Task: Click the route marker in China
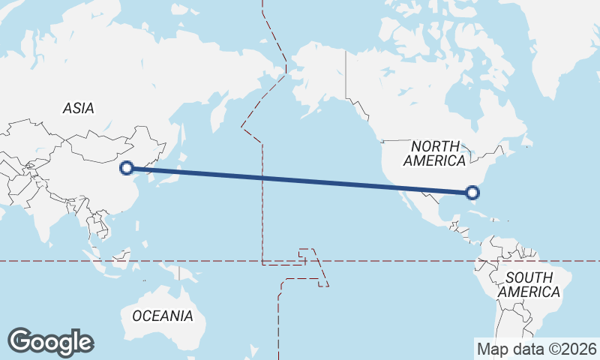click(x=127, y=168)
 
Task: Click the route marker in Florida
click(x=472, y=193)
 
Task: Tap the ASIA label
click(x=79, y=109)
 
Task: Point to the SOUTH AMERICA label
click(x=529, y=285)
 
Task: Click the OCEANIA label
click(x=163, y=316)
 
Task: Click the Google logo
click(x=50, y=341)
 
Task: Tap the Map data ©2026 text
click(x=537, y=349)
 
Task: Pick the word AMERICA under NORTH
click(x=434, y=160)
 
